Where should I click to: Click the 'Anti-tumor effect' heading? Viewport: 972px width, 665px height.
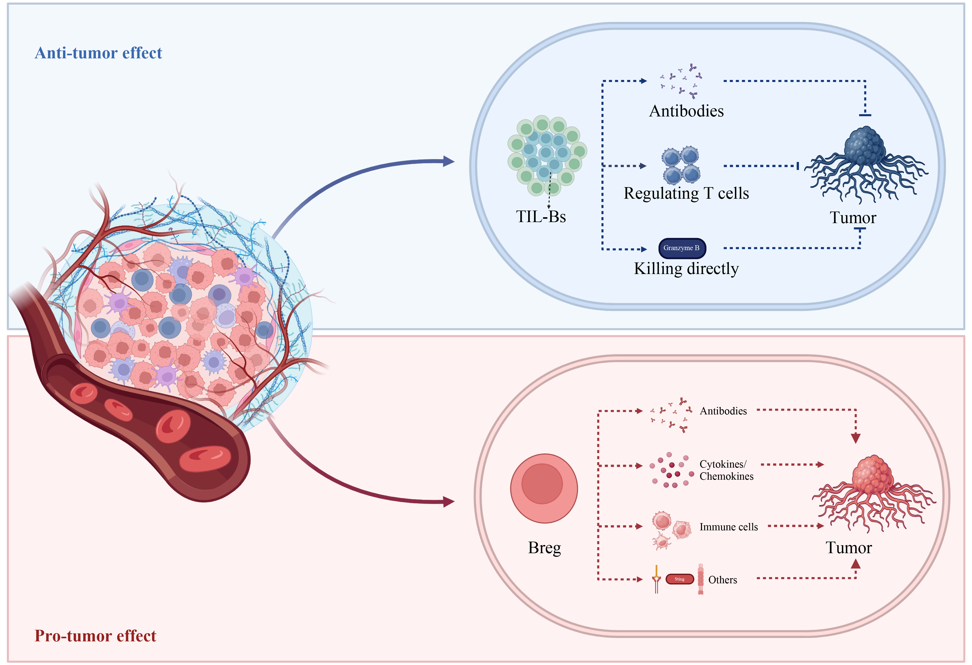coord(98,53)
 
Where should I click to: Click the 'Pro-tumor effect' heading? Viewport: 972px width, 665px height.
coord(95,636)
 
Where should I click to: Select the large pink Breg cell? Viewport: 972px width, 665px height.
coord(544,488)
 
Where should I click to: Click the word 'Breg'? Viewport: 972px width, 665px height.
coord(544,548)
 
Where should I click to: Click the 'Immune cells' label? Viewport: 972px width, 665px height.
coord(728,527)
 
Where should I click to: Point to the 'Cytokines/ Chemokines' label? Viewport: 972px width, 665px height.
coord(726,470)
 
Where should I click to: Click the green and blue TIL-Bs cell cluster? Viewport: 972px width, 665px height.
coord(547,155)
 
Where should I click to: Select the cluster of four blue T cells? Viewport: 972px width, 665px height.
coord(680,165)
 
